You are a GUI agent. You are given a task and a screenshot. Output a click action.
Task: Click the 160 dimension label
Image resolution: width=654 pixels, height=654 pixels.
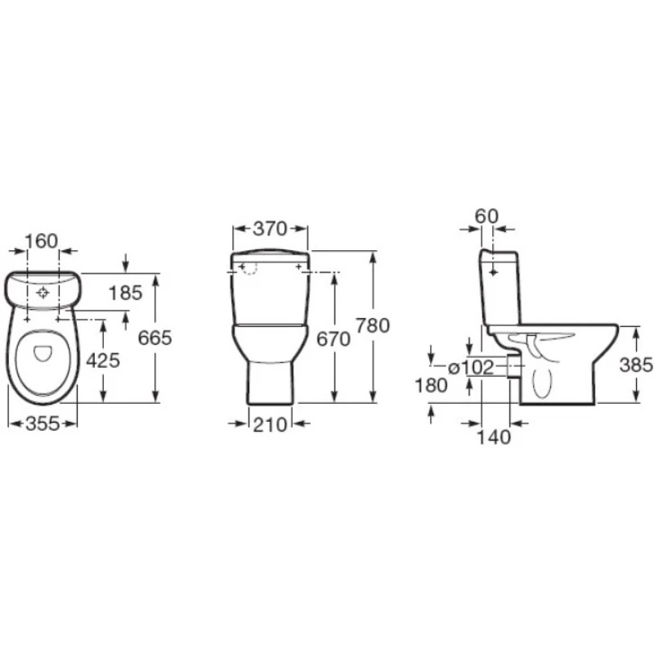[42, 241]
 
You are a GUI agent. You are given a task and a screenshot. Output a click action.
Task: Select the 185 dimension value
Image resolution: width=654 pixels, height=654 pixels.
[125, 293]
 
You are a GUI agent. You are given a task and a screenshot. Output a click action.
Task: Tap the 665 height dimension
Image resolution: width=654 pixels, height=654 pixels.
[155, 338]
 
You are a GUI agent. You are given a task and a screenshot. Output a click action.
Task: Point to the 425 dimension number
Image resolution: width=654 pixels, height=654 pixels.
[103, 361]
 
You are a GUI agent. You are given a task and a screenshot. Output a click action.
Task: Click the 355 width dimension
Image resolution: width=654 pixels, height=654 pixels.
[43, 424]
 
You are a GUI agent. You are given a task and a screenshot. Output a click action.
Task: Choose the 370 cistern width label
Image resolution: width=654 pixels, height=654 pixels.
[271, 229]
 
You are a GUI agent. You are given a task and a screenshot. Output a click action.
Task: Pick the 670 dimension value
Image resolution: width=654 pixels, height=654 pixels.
[334, 339]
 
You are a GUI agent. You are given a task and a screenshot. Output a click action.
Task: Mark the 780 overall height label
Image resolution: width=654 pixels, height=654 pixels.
[373, 325]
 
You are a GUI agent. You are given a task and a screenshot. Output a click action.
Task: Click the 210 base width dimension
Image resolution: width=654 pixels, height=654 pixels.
[271, 425]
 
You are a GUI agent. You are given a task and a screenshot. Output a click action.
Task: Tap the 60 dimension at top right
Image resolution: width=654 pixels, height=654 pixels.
[486, 216]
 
